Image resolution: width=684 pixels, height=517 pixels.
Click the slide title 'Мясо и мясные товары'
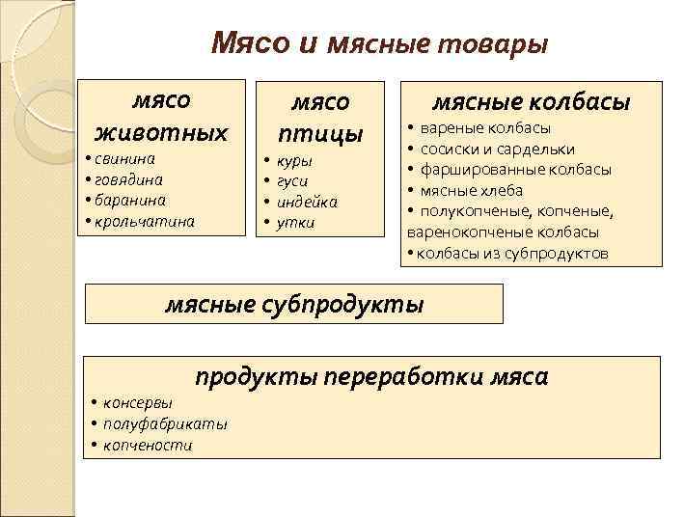tap(379, 43)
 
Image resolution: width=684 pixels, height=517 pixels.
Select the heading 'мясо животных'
tap(161, 115)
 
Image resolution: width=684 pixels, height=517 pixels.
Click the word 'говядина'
tap(128, 179)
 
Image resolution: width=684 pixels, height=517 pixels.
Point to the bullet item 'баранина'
tap(129, 200)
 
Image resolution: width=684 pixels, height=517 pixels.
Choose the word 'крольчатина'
tap(144, 221)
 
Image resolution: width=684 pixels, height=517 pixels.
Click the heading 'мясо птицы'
tap(320, 116)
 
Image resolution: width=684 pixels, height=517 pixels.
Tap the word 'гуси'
tap(292, 181)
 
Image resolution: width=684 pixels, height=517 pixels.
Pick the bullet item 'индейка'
tap(307, 202)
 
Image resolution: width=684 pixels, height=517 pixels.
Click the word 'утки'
tap(295, 222)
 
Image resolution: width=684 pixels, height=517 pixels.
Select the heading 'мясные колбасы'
tap(531, 101)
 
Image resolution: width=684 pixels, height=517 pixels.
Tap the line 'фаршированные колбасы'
tap(515, 170)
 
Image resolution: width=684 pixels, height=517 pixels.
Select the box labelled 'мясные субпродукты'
tap(295, 305)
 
